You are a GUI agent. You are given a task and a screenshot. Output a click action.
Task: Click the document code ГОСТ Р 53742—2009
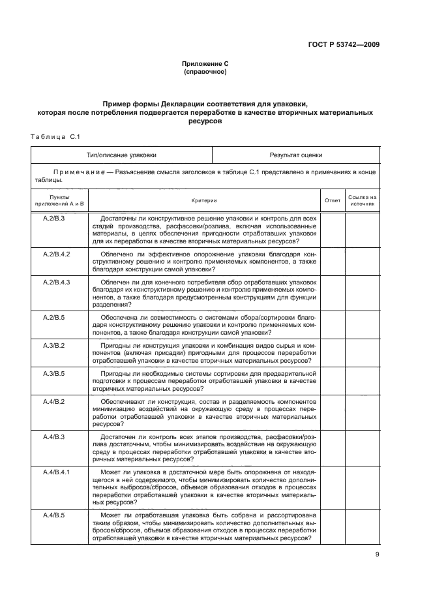[x=343, y=44]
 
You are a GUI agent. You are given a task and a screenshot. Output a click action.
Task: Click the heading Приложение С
[x=205, y=64]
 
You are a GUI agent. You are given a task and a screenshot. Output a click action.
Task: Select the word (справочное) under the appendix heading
[x=205, y=72]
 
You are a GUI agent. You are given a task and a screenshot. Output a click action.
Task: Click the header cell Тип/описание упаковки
[x=122, y=155]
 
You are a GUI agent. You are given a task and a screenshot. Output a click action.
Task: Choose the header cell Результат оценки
[x=296, y=155]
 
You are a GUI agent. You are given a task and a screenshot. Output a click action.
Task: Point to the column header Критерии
[x=204, y=200]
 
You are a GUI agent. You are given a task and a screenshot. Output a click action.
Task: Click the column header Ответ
[x=333, y=200]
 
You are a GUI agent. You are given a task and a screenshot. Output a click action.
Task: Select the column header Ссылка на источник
[x=363, y=200]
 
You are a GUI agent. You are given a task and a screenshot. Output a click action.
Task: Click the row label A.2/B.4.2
[x=56, y=252]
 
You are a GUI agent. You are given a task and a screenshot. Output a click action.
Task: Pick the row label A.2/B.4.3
[x=56, y=281]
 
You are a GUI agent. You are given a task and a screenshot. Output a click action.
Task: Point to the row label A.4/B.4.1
[x=56, y=470]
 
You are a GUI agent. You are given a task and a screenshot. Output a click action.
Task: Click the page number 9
[x=377, y=555]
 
